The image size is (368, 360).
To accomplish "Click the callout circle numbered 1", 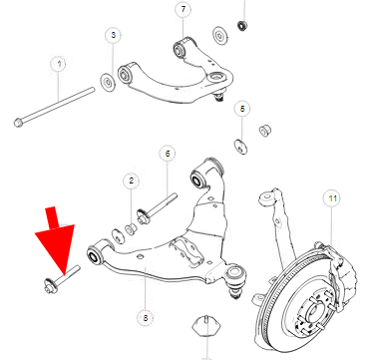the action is pos(59,65).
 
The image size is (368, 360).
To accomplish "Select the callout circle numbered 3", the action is pos(113,35).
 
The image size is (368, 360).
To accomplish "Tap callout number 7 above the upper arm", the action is pos(184,10).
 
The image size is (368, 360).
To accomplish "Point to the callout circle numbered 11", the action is pos(332,199).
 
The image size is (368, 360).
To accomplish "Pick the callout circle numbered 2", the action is pos(131,181).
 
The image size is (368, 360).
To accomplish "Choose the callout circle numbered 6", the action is pos(168,154).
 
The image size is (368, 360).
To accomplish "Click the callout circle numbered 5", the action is pos(242,109).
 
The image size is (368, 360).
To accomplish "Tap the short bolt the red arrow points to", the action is pos(62,279).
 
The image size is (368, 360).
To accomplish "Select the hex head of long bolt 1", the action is pos(18,123).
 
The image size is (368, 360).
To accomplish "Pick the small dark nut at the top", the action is pos(242,26).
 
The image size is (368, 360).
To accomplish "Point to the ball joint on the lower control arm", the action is pos(234,278).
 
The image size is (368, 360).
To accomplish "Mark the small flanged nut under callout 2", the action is pos(131,229).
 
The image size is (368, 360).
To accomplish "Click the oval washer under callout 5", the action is pos(240,147).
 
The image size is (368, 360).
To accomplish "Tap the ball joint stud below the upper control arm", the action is pos(218,97).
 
